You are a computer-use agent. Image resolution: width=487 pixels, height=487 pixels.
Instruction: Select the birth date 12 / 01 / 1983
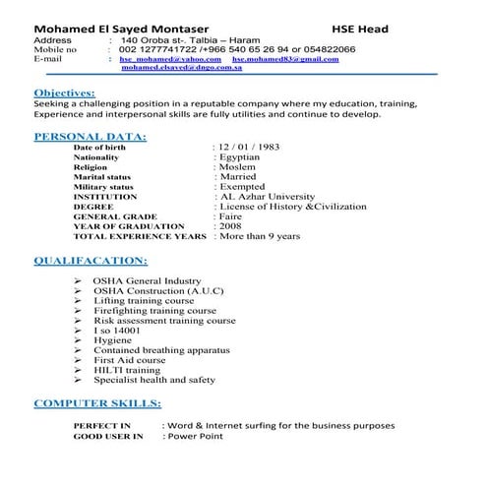249,148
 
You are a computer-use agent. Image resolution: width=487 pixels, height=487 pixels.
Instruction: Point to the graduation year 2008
231,226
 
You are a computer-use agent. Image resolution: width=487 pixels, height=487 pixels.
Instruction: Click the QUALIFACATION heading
91,261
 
